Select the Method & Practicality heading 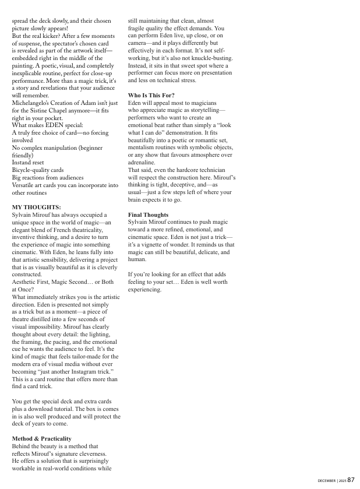41,438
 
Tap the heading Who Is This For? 151,95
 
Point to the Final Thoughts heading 148,215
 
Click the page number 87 351,480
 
